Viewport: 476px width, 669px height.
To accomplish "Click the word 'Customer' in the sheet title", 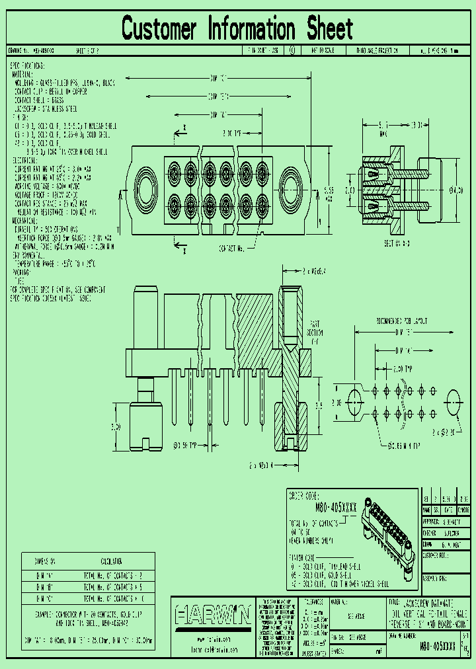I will (159, 29).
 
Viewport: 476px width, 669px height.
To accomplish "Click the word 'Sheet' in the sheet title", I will (329, 29).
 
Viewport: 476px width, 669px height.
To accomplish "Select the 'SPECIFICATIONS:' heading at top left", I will (27, 67).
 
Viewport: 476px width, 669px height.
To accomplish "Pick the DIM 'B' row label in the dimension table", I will (47, 587).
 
